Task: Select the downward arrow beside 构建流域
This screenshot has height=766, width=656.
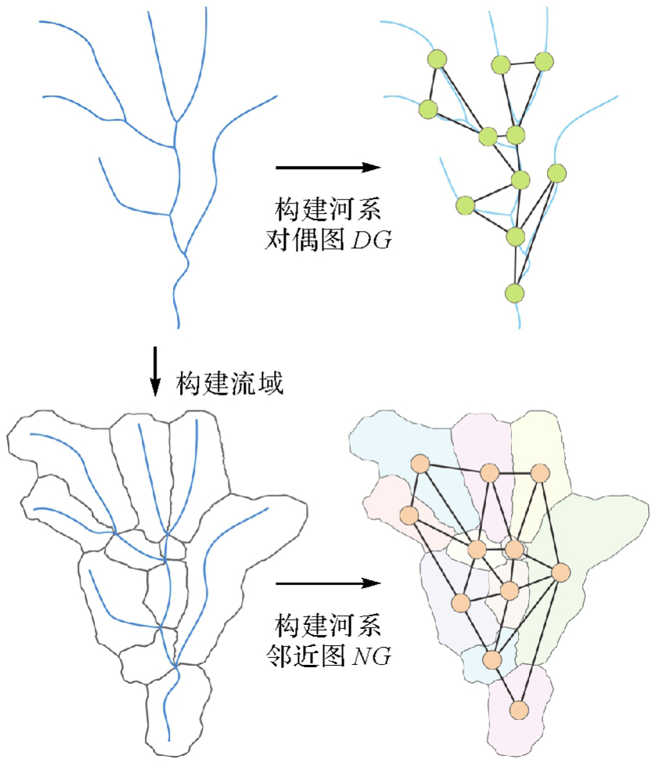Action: pos(155,370)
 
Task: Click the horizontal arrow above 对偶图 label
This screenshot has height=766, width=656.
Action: pos(328,167)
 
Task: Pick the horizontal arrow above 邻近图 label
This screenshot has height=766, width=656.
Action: pos(328,583)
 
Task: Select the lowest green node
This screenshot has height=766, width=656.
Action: pos(514,293)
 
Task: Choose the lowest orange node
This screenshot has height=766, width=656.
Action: pos(517,710)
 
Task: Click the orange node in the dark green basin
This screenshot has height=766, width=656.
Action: pos(560,573)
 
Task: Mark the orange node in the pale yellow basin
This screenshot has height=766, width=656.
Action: pos(539,473)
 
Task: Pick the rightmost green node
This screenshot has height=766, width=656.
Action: pos(557,172)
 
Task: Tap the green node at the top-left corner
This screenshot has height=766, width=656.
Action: pos(437,58)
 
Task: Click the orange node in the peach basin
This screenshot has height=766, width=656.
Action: pos(409,515)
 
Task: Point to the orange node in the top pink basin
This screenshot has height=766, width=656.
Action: pos(490,473)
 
